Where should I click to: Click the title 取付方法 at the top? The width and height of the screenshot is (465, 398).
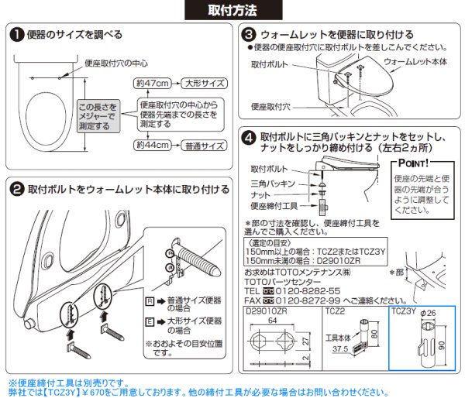[x=232, y=10]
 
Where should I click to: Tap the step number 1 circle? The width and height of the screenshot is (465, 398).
[x=16, y=35]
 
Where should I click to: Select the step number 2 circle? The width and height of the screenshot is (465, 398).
[x=16, y=188]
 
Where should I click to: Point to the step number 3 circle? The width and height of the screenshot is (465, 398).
[x=249, y=35]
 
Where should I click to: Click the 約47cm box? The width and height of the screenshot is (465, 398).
[x=150, y=81]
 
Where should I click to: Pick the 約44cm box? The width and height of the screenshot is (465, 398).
[x=150, y=145]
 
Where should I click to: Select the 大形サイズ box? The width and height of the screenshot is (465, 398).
[x=204, y=81]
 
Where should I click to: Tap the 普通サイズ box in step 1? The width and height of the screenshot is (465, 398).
[x=204, y=145]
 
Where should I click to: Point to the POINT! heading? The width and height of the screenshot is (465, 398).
[x=415, y=163]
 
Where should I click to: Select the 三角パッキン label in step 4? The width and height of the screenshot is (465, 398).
[x=273, y=184]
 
